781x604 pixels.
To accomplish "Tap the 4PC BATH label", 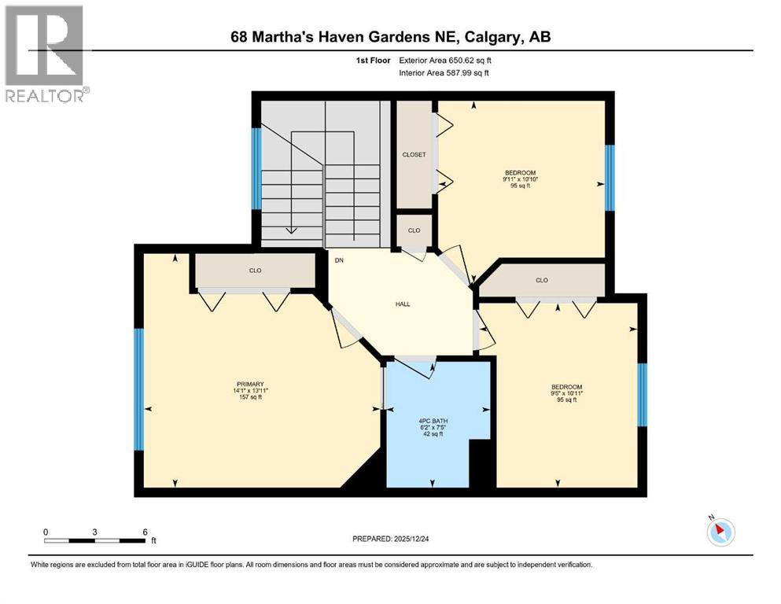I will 433,420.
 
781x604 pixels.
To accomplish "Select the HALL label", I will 403,304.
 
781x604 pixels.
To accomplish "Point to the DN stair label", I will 339,260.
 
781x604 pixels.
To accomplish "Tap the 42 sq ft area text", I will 433,433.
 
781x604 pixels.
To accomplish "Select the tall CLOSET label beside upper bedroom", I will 414,155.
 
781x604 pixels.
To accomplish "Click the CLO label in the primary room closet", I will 255,271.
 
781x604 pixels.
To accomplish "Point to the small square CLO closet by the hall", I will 414,230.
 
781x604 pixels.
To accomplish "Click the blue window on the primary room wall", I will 139,389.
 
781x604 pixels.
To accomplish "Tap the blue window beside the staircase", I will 256,168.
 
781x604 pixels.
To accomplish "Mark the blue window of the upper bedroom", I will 609,179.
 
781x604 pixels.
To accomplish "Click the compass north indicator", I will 720,532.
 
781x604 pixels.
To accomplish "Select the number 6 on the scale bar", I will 145,532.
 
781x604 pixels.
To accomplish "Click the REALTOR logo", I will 45,53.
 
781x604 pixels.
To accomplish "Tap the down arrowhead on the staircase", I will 291,230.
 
